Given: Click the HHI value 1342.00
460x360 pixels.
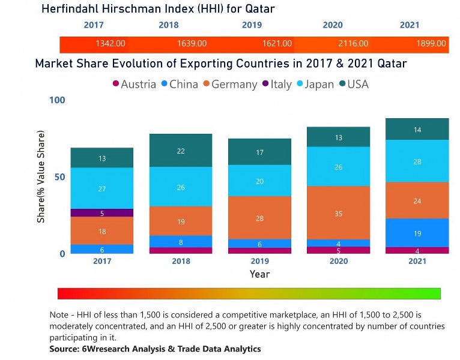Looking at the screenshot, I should pos(110,44).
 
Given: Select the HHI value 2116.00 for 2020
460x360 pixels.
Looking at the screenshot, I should pos(353,44).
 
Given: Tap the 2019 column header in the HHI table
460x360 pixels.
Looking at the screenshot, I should pos(252,25).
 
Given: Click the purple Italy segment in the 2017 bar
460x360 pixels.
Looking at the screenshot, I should pos(102,213).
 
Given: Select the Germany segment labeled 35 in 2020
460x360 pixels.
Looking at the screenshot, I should pos(338,213).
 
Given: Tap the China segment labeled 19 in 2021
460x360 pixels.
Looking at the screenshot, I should pos(417,233).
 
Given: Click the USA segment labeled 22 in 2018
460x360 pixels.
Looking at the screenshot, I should pos(181,151).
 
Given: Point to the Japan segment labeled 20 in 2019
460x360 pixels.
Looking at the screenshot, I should pos(259,181).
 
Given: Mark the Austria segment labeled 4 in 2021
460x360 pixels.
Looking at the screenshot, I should pos(417,250).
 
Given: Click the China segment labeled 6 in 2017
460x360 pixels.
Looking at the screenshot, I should pos(102,249).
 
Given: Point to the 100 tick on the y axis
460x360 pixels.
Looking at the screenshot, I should pos(56,100).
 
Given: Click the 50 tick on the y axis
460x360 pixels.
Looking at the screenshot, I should pos(59,177).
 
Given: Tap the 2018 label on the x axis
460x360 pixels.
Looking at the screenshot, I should pos(181,262).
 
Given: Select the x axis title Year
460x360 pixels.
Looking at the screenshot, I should pos(259,274).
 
